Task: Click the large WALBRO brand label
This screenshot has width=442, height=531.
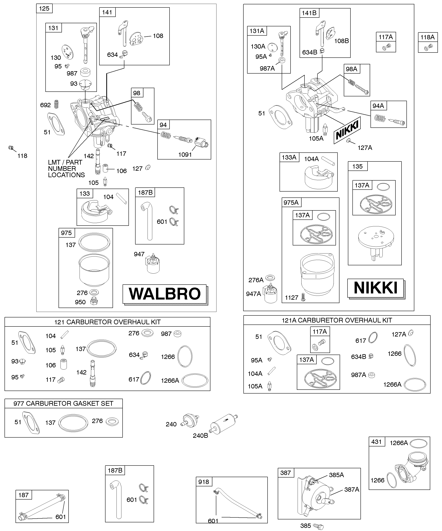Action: pos(165,294)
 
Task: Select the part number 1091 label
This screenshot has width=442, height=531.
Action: pos(185,155)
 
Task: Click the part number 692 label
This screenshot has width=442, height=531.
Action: pos(45,105)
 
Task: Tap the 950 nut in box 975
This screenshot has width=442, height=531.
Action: pos(94,301)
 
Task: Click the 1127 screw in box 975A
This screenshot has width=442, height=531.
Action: pos(303,298)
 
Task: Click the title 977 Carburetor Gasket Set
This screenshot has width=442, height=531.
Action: pos(63,403)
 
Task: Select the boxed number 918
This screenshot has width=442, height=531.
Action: pos(204,482)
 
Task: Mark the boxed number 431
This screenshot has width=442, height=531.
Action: pos(376,442)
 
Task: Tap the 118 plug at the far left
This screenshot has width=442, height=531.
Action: pos(11,148)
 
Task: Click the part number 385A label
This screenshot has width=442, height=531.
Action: pos(336,475)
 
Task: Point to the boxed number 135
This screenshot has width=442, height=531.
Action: pos(357,166)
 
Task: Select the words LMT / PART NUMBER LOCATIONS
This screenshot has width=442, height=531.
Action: pos(66,169)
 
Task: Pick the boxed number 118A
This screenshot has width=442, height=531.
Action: pos(427,37)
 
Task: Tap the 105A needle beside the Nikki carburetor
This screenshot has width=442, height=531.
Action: pos(326,128)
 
